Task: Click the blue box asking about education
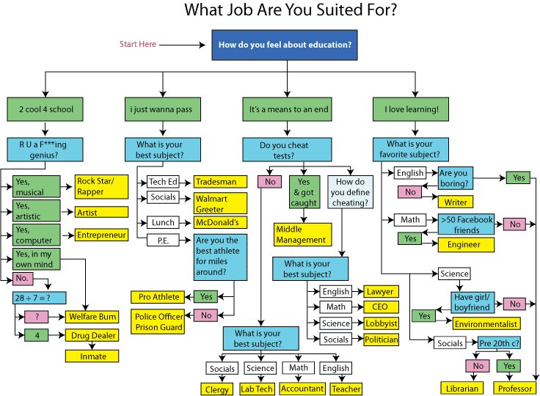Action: coord(284,45)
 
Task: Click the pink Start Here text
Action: coord(138,45)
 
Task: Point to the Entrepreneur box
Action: coord(101,235)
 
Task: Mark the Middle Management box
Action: coord(302,234)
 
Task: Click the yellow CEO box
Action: coord(381,307)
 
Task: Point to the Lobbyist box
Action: coord(381,323)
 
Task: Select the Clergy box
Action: coord(217,389)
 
